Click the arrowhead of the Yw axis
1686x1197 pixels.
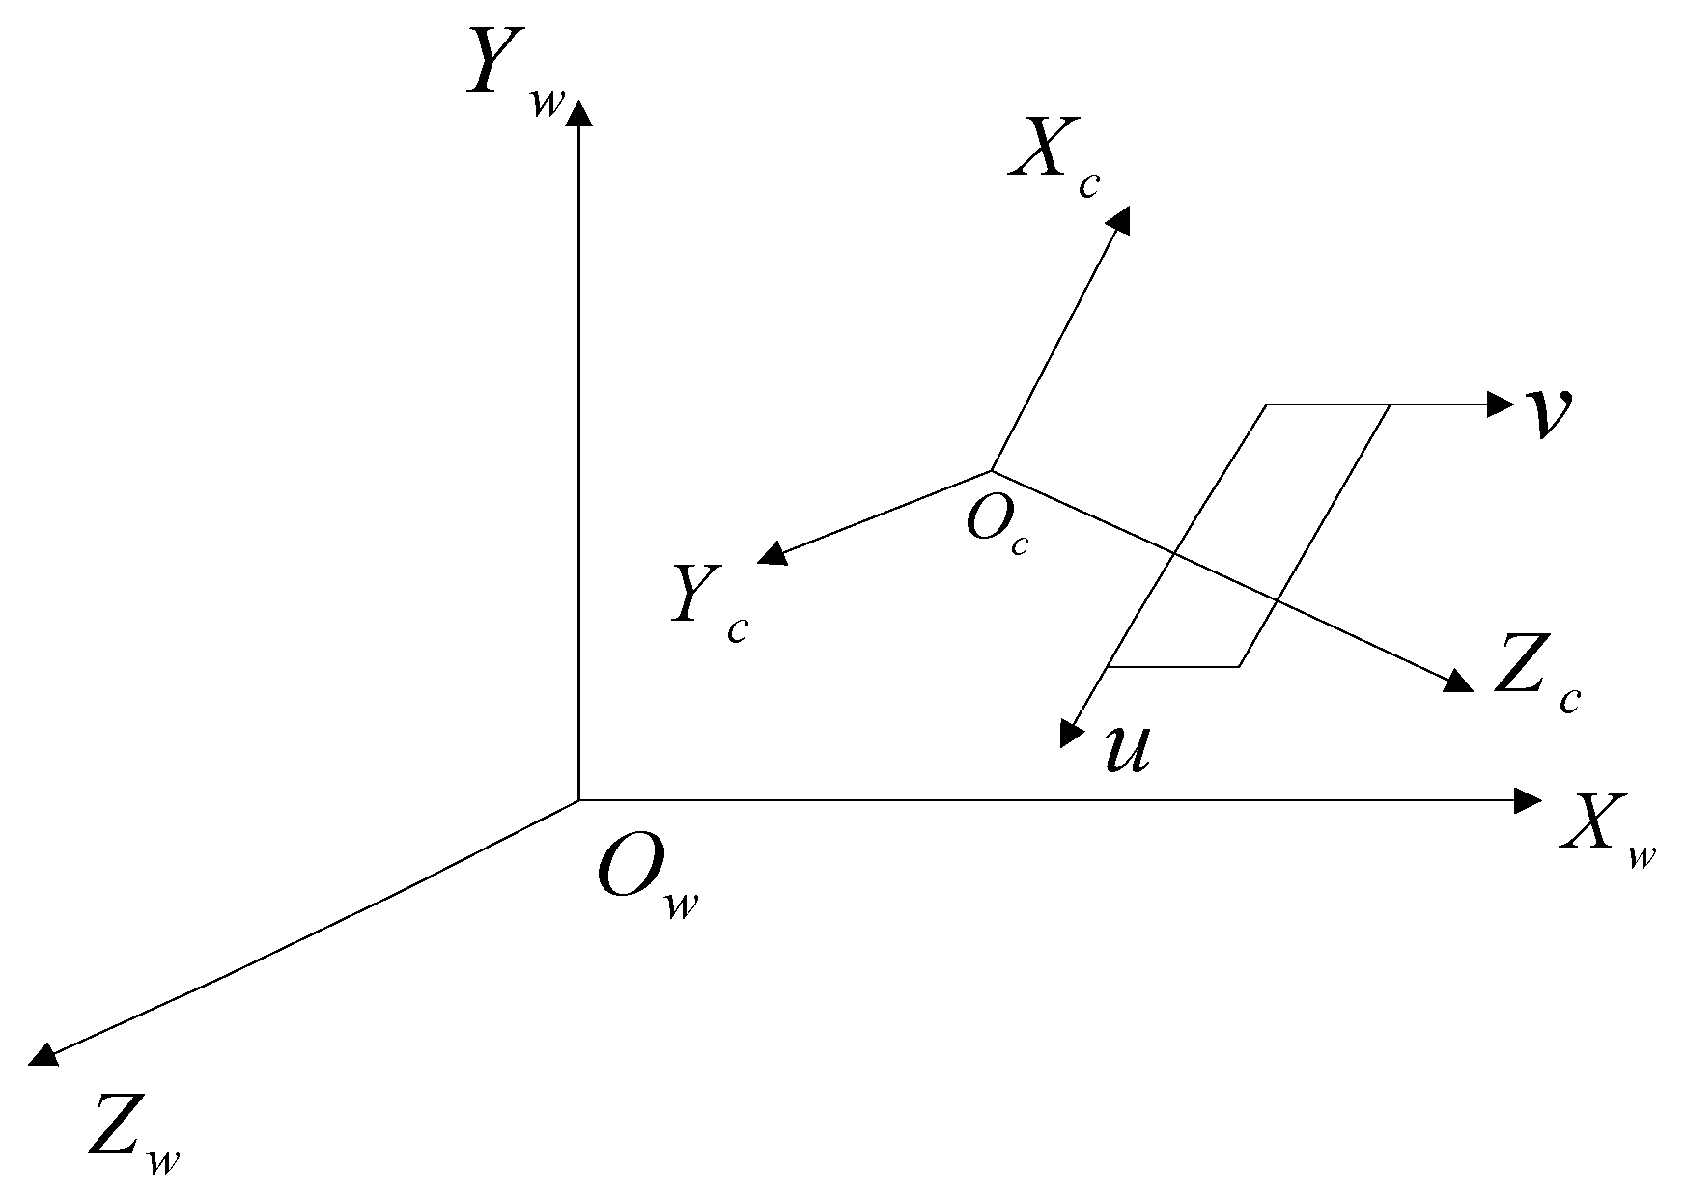[578, 115]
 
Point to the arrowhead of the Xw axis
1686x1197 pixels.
[1528, 800]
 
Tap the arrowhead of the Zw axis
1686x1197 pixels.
[43, 1055]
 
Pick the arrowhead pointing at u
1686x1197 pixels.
[1070, 734]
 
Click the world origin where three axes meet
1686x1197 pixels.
[578, 800]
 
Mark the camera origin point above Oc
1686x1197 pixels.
[992, 471]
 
